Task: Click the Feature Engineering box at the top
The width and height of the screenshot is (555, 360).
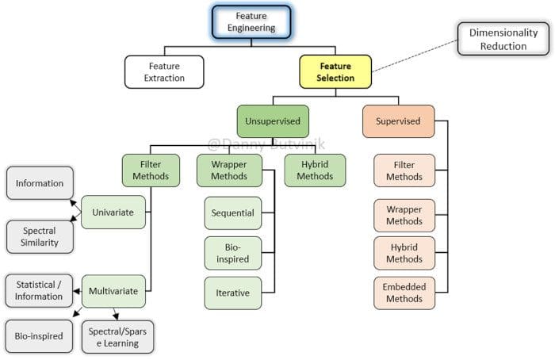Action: coord(251,21)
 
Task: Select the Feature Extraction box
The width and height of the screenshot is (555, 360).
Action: coord(164,72)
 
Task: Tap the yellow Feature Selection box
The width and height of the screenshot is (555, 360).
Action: coord(335,72)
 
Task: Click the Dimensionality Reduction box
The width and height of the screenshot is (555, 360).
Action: coord(503,39)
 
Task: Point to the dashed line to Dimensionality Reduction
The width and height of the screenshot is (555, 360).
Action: coord(415,56)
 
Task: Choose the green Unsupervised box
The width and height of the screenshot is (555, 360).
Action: coord(273,121)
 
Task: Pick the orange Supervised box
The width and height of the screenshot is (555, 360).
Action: coord(398,121)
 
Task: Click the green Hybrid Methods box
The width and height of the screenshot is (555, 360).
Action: coord(315,170)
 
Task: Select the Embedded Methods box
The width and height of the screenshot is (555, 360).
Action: coord(404,293)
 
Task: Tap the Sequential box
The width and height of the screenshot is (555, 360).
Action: coord(233,213)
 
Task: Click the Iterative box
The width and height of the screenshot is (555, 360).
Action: coord(233,293)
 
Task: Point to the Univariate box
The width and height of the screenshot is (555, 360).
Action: coord(113,212)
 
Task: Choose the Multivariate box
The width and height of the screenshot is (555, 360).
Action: coord(113,291)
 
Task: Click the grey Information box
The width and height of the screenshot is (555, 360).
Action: coord(40,183)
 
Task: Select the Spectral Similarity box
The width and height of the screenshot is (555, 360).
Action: coord(40,237)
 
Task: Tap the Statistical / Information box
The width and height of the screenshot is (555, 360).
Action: coord(39,291)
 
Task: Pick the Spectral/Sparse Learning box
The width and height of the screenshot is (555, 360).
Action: coord(117,337)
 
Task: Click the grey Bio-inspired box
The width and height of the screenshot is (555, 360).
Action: coord(39,336)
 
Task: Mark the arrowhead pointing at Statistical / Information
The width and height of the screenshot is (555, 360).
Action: coord(76,291)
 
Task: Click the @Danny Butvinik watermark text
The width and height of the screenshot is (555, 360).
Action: coord(266,144)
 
